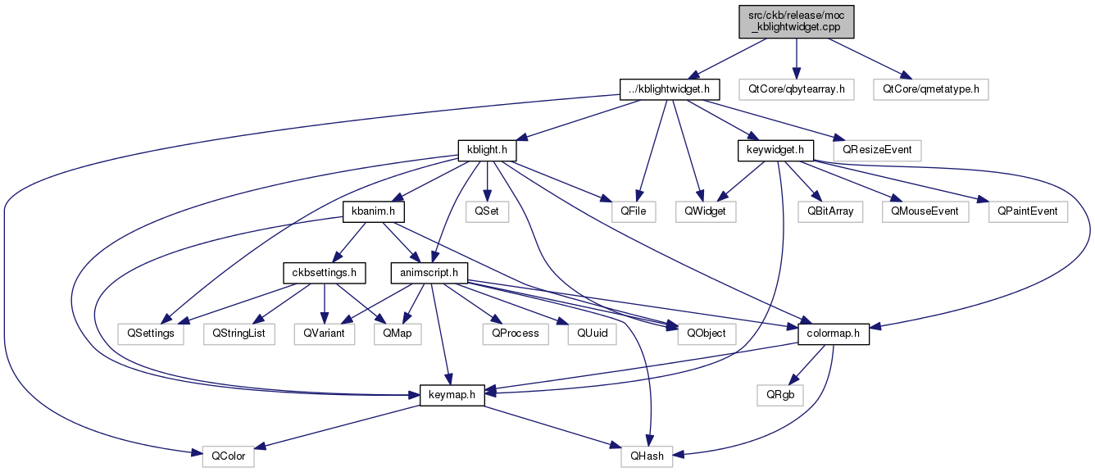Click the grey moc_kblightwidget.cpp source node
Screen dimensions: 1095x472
click(797, 21)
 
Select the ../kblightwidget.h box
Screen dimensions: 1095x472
click(670, 89)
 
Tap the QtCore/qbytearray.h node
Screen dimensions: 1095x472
click(797, 89)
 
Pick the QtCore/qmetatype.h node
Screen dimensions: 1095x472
click(931, 89)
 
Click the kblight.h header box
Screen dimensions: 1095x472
click(487, 151)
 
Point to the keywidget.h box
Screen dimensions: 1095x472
click(775, 151)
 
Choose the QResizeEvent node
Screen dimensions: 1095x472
click(877, 151)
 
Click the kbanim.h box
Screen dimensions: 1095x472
click(374, 212)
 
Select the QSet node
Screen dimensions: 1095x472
click(487, 212)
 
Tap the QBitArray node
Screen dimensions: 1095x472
click(830, 212)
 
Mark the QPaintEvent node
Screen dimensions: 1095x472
click(1028, 212)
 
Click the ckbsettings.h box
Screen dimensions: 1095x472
click(324, 273)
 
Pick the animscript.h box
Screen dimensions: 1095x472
click(429, 273)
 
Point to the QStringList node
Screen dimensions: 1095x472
click(239, 334)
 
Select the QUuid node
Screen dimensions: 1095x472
click(592, 334)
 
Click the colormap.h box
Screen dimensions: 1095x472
click(834, 334)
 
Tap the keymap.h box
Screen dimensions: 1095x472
click(452, 395)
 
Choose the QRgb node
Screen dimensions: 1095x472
click(780, 395)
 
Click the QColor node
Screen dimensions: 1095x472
click(229, 456)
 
